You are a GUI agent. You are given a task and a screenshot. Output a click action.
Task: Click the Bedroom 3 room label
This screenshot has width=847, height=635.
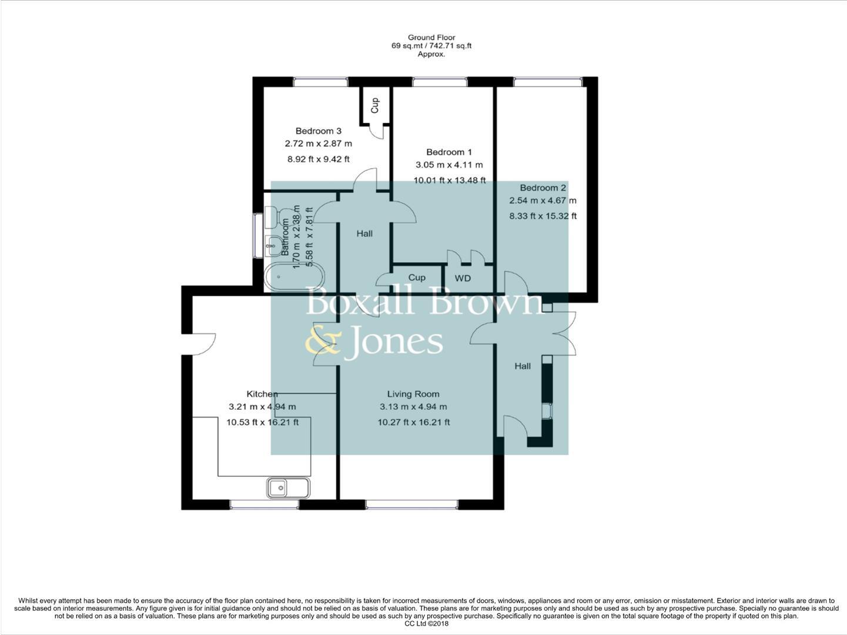(x=318, y=131)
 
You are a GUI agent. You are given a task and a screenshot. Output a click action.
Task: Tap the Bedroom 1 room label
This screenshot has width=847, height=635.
(x=449, y=152)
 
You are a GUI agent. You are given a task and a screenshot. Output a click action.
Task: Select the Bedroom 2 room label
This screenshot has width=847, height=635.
(x=543, y=188)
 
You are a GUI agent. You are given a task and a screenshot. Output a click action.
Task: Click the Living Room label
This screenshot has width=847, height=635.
(x=413, y=394)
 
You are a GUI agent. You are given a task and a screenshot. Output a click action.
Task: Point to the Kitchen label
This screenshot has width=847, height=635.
(x=262, y=394)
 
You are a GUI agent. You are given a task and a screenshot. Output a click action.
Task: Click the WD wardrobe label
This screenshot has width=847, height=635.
(x=463, y=278)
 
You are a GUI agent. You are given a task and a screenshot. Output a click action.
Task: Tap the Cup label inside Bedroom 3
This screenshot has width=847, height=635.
(x=374, y=105)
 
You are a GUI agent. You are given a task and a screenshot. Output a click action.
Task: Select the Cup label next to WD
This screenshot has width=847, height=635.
(x=416, y=278)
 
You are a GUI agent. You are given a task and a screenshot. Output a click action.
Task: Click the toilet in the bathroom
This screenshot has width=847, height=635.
(x=273, y=217)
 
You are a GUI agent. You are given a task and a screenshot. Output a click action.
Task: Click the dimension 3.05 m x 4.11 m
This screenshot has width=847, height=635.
(x=449, y=165)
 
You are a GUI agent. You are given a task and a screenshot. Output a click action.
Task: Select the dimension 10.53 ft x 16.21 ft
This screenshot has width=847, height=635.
(x=262, y=422)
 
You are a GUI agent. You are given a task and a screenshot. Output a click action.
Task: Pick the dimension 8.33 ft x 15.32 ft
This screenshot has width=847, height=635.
(x=543, y=216)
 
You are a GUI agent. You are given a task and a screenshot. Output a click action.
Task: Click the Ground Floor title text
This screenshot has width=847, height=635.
(x=431, y=38)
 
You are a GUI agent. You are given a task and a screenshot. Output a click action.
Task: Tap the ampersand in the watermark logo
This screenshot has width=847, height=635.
(x=323, y=342)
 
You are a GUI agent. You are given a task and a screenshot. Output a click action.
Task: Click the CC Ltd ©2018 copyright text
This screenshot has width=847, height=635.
(x=426, y=624)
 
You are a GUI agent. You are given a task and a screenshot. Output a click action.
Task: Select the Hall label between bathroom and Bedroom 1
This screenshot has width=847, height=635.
(x=364, y=233)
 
